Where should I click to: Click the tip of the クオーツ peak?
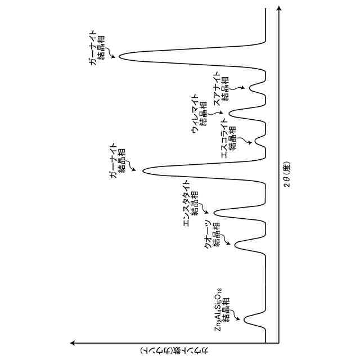tap(235, 244)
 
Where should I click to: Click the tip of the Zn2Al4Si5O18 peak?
tap(243, 319)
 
